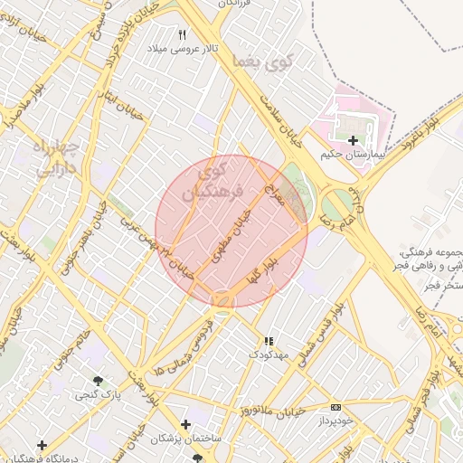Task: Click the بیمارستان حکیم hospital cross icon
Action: [353, 140]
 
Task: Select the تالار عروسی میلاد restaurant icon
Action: [182, 34]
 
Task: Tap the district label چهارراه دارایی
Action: [57, 158]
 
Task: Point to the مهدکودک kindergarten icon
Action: [268, 341]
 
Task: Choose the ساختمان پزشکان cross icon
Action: [185, 424]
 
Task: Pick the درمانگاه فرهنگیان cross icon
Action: [42, 445]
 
